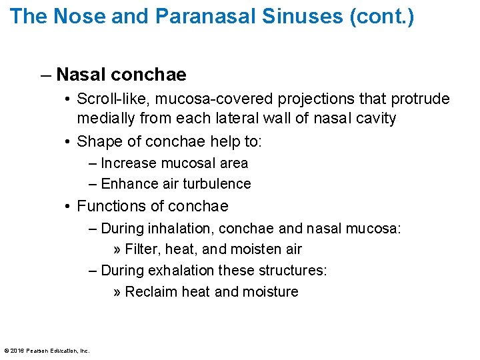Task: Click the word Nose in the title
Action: tap(73, 17)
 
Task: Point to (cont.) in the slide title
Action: tap(381, 17)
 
